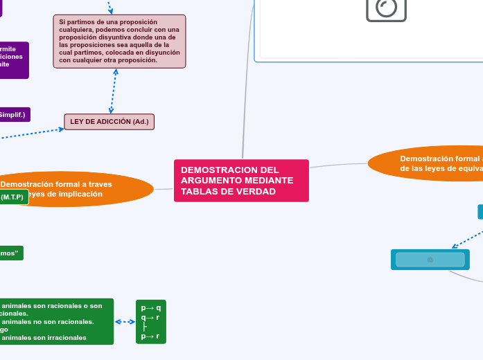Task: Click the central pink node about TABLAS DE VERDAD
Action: coord(240,181)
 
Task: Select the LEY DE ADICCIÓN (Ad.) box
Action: coord(109,122)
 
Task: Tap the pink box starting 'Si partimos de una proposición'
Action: coord(119,42)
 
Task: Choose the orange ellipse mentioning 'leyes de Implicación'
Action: coord(76,189)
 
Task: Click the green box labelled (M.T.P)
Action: coord(12,197)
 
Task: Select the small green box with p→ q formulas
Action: coord(150,322)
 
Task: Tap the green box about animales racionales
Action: coord(55,322)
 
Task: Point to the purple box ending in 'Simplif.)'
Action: coord(14,115)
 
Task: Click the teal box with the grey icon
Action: coord(430,260)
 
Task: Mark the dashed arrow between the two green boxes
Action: coord(125,322)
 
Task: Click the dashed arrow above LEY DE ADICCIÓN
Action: coord(113,91)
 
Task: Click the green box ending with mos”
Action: coord(10,253)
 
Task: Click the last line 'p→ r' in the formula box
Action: coord(150,336)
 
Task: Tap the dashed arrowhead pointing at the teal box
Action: coord(453,246)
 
